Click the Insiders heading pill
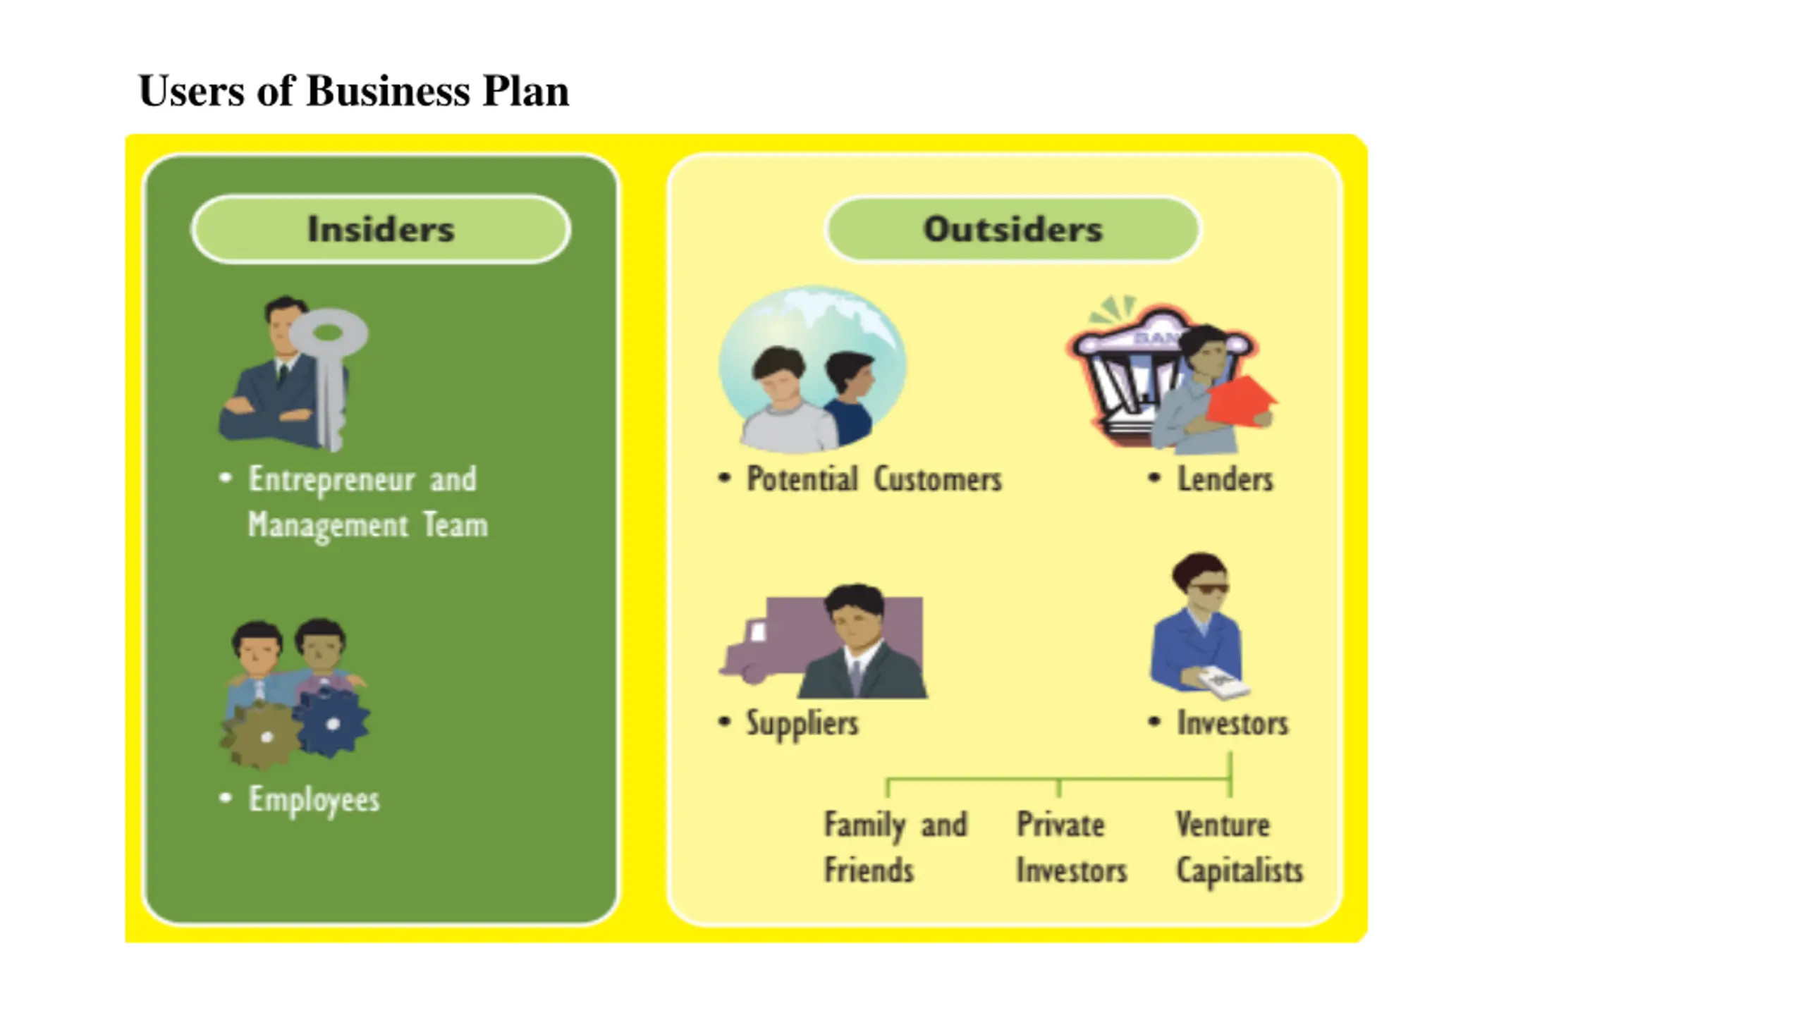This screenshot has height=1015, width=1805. (380, 229)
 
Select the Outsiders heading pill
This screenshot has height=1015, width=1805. (1012, 229)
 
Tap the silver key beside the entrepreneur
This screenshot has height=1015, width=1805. (329, 367)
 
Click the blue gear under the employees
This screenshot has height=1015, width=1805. (332, 722)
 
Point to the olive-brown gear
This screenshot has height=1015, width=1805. (264, 737)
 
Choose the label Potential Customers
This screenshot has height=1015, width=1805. (874, 479)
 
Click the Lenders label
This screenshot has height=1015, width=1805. (1225, 479)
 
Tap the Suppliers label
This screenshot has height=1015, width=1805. (802, 723)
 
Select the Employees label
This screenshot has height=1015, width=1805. (314, 799)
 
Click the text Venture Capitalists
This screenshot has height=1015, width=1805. (1238, 847)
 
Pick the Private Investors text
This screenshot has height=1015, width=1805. (1070, 847)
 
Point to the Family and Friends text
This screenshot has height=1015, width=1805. (895, 847)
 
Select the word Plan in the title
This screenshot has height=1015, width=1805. (525, 92)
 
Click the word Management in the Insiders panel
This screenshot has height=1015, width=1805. (328, 526)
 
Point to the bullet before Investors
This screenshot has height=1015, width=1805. (1154, 722)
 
